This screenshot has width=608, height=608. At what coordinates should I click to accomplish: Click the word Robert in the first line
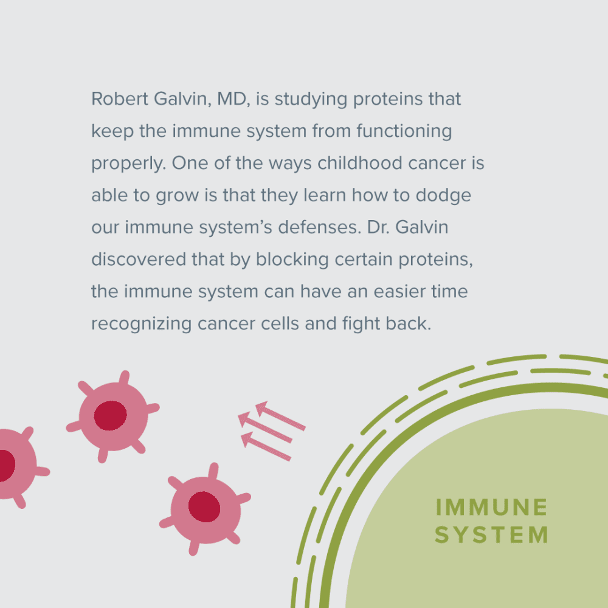[x=120, y=98]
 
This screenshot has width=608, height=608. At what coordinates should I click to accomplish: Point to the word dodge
[x=443, y=196]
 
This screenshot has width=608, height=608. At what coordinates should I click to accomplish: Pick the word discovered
[x=139, y=259]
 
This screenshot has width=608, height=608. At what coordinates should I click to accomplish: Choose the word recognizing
[x=141, y=324]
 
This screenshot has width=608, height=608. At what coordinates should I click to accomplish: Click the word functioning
[x=404, y=131]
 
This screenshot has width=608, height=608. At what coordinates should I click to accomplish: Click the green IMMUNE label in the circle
[x=492, y=507]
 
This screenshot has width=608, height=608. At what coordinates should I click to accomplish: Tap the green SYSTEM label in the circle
[x=492, y=534]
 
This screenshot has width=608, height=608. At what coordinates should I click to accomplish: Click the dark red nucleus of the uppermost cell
[x=111, y=416]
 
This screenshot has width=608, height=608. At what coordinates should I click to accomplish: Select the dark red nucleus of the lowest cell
[x=204, y=507]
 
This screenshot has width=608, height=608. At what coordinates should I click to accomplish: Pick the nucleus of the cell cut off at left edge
[x=7, y=466]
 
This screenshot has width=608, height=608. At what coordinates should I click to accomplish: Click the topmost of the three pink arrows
[x=280, y=415]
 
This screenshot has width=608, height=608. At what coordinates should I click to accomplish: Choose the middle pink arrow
[x=265, y=427]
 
